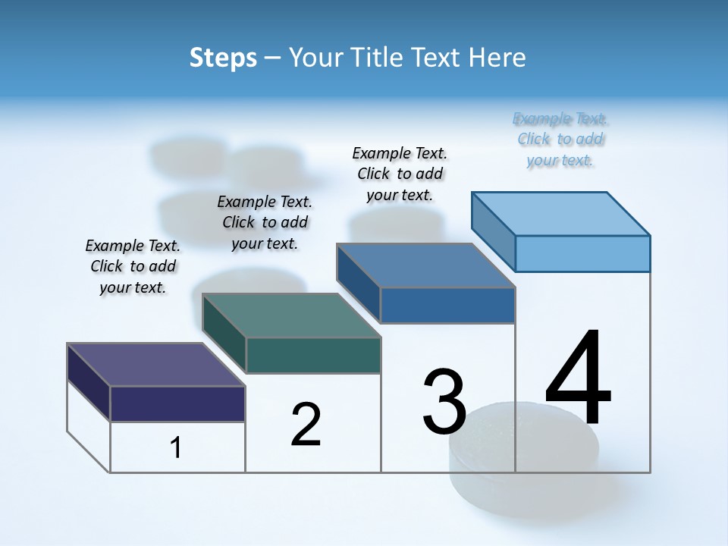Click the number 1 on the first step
pyautogui.click(x=176, y=448)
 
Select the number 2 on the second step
pyautogui.click(x=306, y=425)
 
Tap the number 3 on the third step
pyautogui.click(x=444, y=402)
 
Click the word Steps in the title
pyautogui.click(x=223, y=58)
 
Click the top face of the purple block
pyautogui.click(x=155, y=365)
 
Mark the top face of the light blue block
pyautogui.click(x=561, y=214)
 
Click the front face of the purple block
pyautogui.click(x=177, y=403)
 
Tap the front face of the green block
pyautogui.click(x=313, y=355)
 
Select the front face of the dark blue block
pyautogui.click(x=447, y=305)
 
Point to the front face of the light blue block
pyautogui.click(x=582, y=253)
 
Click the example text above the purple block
pyautogui.click(x=133, y=266)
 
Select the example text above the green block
pyautogui.click(x=265, y=222)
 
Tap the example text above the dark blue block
pyautogui.click(x=400, y=174)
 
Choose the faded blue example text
pyautogui.click(x=560, y=139)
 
